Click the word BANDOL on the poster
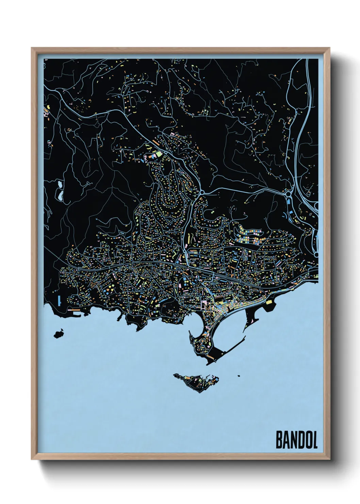point(296,440)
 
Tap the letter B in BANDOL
point(279,440)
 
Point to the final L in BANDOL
point(314,440)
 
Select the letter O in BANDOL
point(307,440)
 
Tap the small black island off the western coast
point(59,333)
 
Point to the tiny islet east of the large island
point(239,376)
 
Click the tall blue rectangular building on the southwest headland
point(59,299)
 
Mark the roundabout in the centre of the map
point(201,192)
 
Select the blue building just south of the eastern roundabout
point(289,202)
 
